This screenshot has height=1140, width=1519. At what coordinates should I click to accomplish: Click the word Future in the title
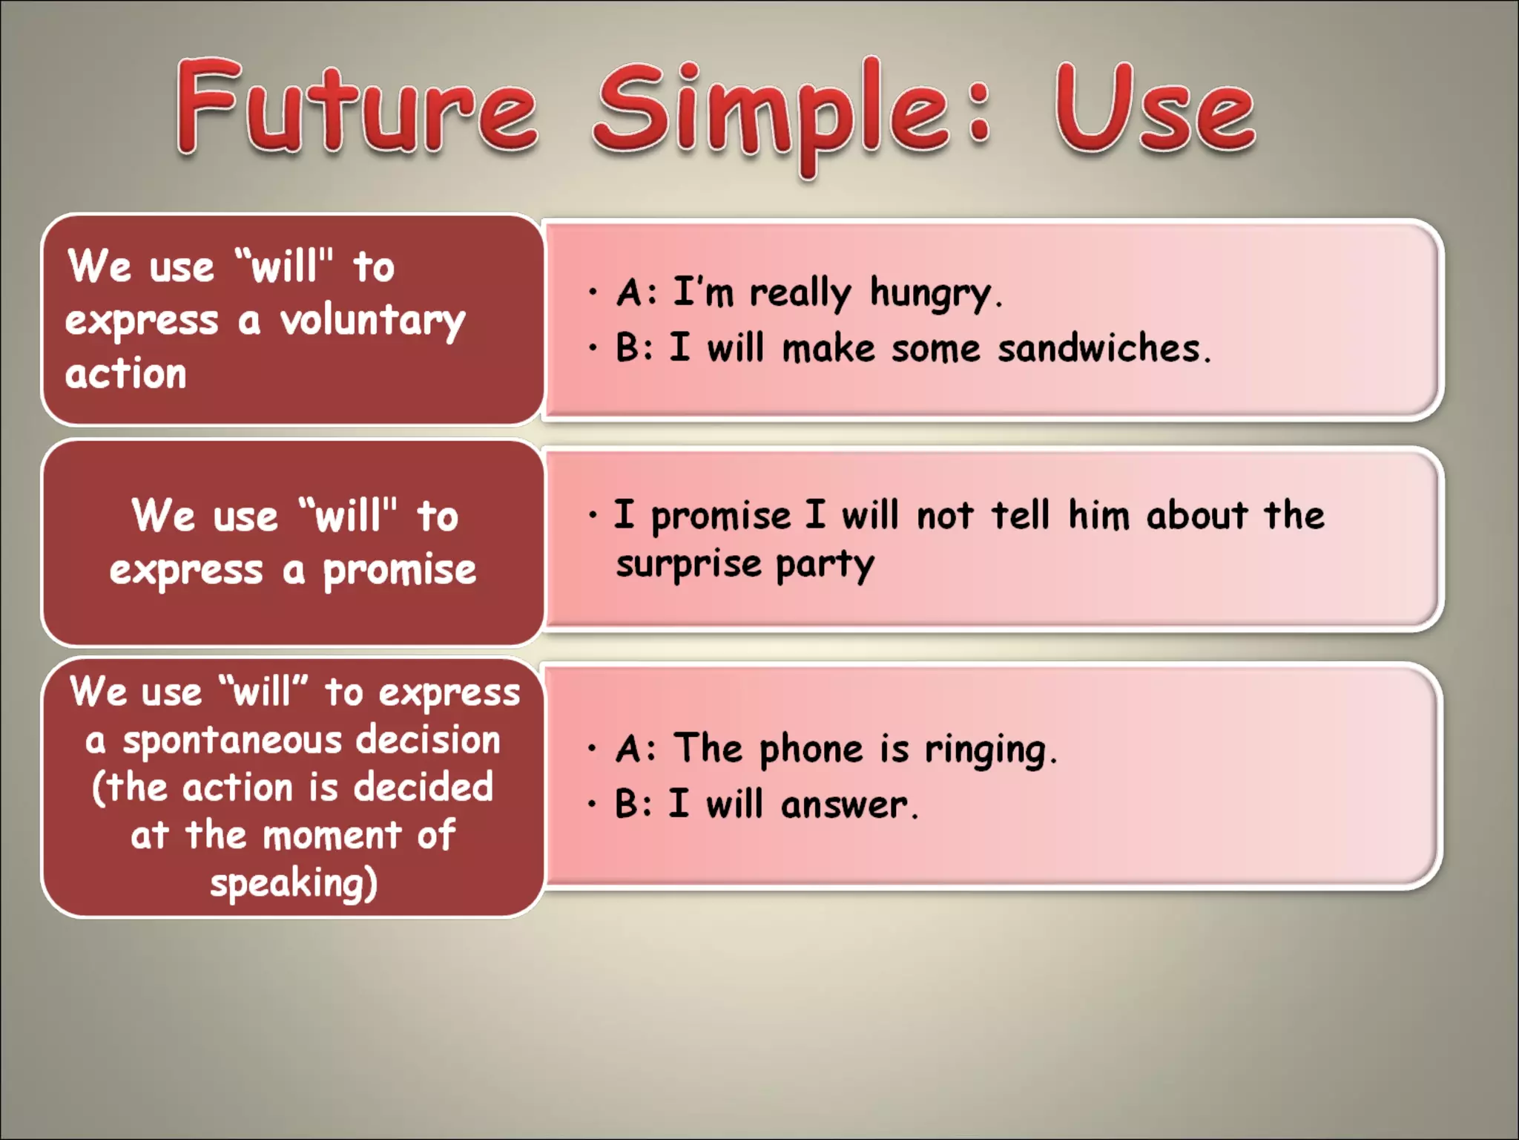click(x=356, y=108)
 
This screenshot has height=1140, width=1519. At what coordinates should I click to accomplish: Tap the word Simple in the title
click(x=771, y=111)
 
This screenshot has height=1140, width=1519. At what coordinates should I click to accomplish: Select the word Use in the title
click(x=1154, y=110)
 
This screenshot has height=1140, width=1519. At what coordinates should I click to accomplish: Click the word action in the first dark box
click(x=125, y=373)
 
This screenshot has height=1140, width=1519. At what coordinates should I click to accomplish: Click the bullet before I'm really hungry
click(x=592, y=292)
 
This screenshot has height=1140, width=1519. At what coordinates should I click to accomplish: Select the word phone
click(x=811, y=749)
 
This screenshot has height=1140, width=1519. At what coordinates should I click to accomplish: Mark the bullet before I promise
click(x=592, y=515)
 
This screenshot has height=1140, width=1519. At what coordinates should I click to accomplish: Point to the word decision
click(x=428, y=741)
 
